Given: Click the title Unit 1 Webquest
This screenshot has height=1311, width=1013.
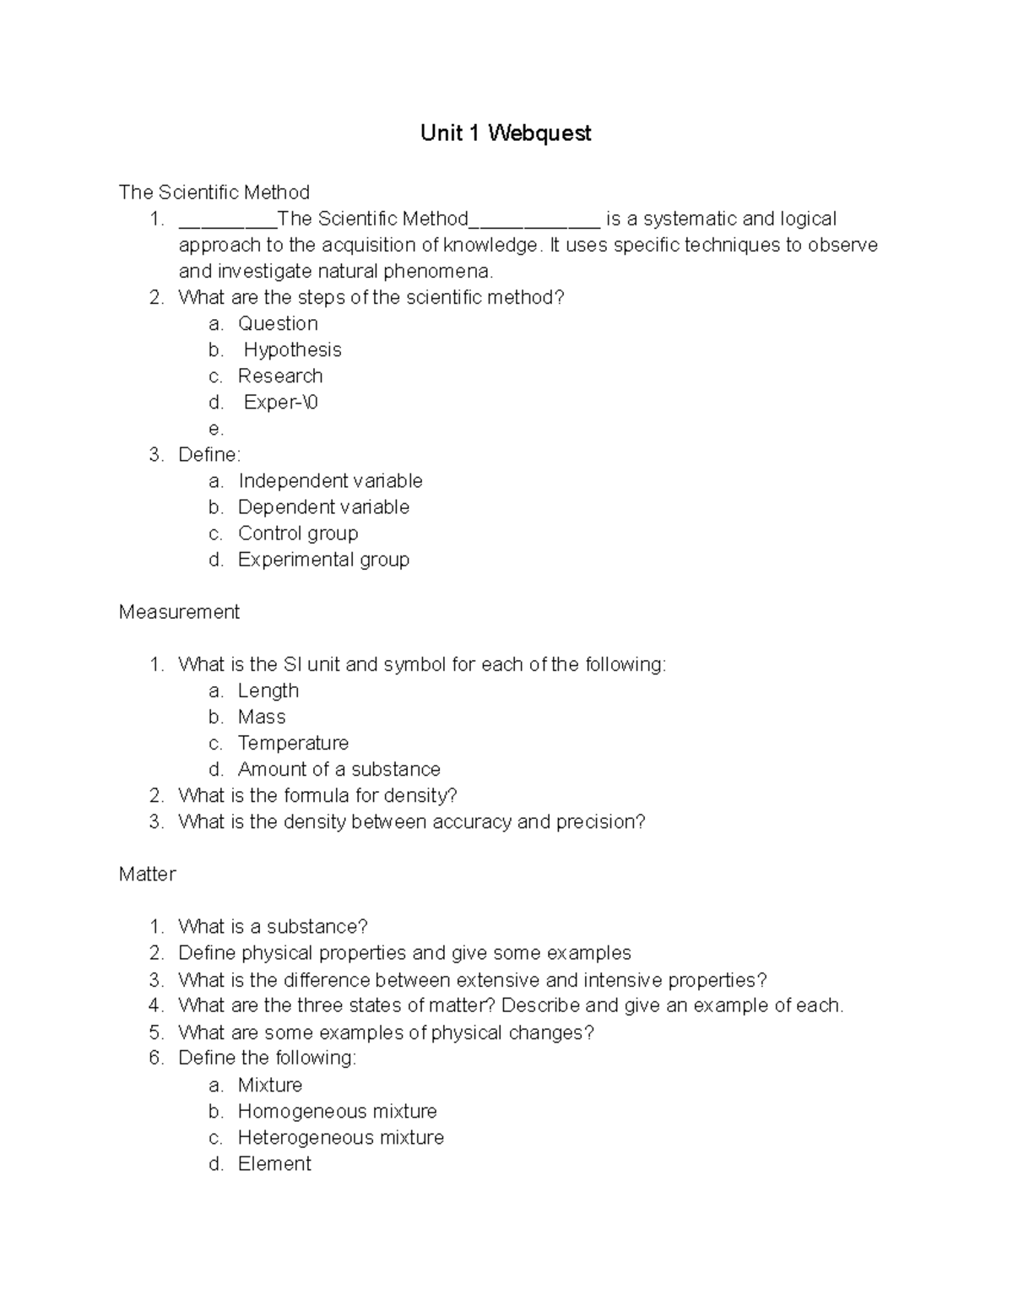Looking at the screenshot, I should (x=506, y=133).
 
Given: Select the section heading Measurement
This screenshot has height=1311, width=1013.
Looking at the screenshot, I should (x=179, y=612).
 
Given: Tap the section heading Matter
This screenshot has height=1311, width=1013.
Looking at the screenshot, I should (x=147, y=875).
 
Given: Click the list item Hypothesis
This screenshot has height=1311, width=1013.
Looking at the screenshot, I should (x=292, y=350).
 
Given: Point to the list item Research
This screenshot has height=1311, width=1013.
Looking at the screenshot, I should (x=280, y=377).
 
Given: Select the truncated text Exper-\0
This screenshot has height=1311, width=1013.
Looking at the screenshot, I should (x=280, y=403).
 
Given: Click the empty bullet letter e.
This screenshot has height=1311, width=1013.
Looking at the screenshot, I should (x=215, y=430).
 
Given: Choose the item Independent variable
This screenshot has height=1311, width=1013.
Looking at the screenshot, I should (x=330, y=481).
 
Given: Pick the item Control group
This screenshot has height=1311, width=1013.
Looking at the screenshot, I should (x=298, y=534).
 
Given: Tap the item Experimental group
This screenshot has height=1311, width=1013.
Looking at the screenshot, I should (x=323, y=560).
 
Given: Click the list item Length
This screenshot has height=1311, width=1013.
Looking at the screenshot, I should (x=268, y=691).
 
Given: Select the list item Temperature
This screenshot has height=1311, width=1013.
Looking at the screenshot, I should (x=293, y=743).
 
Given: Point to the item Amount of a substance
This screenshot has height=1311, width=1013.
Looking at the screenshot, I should (x=339, y=769).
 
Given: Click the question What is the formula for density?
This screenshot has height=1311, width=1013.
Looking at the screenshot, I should (x=317, y=795).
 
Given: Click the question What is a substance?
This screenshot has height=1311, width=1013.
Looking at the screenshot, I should (x=273, y=927).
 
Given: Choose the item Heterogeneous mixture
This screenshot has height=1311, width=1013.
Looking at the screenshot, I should (x=340, y=1137).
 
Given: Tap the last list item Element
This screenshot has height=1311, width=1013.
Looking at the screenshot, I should (x=274, y=1163).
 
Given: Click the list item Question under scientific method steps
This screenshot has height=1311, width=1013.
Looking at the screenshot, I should (x=278, y=324).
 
